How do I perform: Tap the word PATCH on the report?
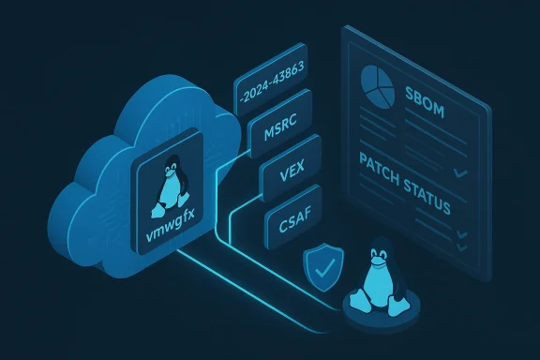[x=384, y=166]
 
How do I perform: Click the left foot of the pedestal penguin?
[x=360, y=304]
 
